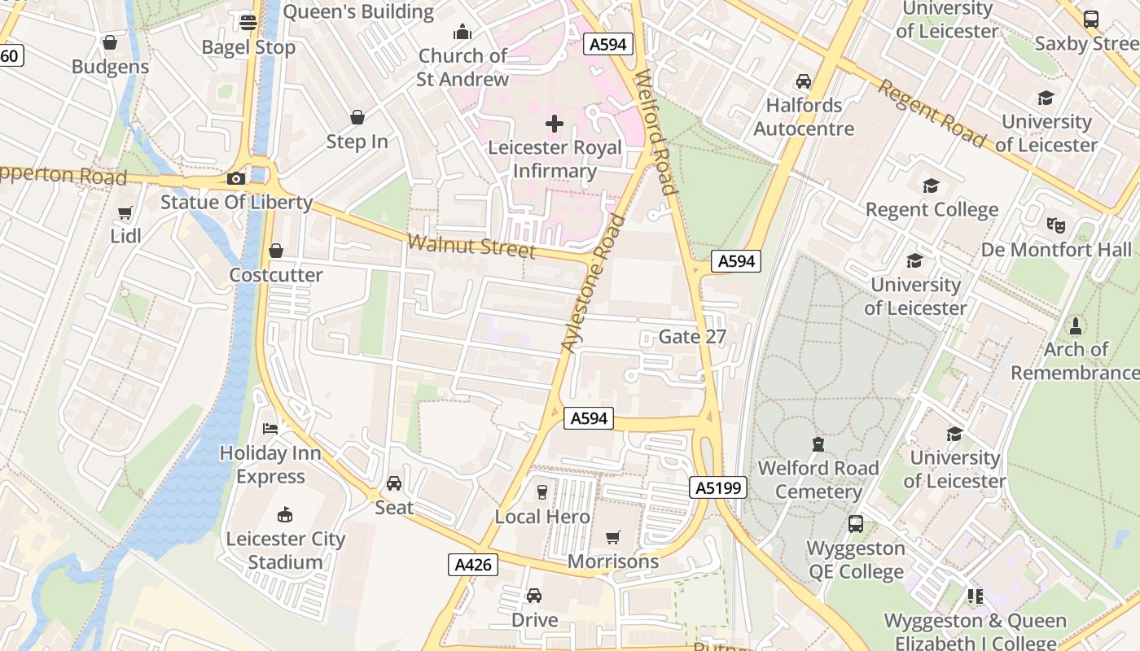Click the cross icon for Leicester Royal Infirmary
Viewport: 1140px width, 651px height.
[555, 124]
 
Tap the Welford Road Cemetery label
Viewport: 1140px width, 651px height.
[818, 480]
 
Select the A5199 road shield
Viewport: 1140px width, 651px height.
[717, 487]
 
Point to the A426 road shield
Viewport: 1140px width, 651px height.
[472, 565]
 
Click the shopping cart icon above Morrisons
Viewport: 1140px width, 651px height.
[613, 537]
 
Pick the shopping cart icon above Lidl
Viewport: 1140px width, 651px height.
[125, 213]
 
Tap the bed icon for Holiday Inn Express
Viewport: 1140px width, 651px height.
[270, 428]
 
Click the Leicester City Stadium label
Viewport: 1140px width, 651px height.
[285, 550]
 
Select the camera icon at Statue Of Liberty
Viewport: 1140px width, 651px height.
[236, 179]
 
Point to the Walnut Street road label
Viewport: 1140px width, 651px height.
[471, 245]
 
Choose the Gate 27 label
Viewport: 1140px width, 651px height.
[691, 337]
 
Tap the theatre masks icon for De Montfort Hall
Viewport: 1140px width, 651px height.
[1056, 225]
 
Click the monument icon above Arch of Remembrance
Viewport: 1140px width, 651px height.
[1076, 326]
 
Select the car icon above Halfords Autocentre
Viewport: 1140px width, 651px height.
[804, 81]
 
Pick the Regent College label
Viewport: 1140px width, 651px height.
[932, 210]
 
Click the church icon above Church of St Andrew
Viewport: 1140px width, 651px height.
[463, 33]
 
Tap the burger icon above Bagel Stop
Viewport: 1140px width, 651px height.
[248, 23]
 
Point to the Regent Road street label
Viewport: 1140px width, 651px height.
[930, 113]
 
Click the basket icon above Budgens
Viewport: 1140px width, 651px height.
[110, 42]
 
